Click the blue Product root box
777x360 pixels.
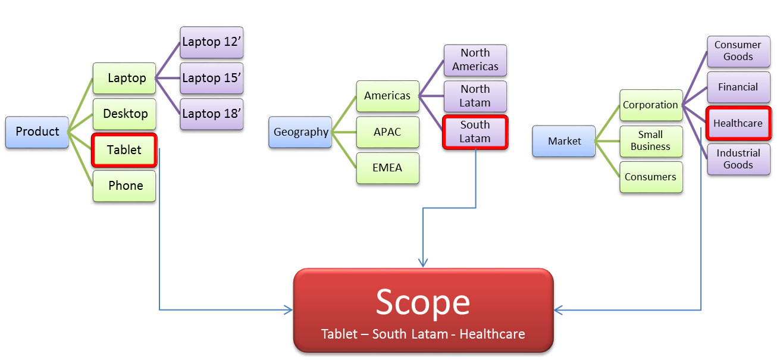37,132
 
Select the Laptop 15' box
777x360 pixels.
211,78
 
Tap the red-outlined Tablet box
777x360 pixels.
124,150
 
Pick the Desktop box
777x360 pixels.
124,114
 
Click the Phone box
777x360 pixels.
124,186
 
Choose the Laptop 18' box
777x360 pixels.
211,114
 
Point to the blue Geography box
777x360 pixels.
300,132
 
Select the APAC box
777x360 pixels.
387,132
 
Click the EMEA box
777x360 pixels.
387,168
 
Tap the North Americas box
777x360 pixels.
475,60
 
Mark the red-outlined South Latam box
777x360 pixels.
475,132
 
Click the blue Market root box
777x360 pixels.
563,141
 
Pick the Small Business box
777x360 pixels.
650,141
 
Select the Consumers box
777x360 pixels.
650,177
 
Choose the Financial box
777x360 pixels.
738,87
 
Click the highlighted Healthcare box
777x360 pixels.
738,123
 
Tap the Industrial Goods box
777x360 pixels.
738,159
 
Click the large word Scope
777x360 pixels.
422,302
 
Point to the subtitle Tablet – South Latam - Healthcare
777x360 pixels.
422,334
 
